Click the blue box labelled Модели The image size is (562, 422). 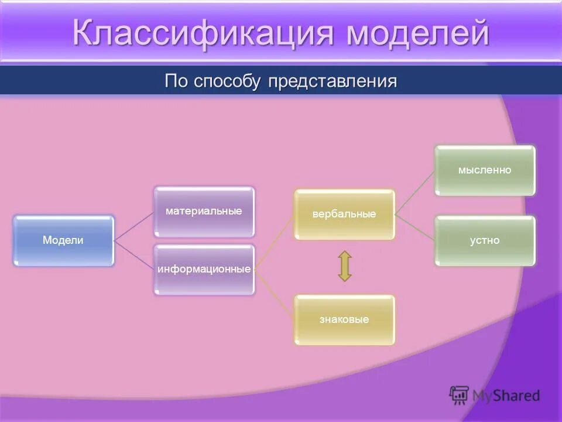pos(63,240)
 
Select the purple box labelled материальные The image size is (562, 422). pos(204,211)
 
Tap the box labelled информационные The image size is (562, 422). pos(204,270)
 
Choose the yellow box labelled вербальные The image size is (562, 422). pos(344,214)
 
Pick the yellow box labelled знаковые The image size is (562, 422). pos(344,319)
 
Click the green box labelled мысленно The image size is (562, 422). pos(485,170)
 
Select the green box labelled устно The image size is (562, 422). pos(485,240)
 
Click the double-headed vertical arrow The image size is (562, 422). pos(345,266)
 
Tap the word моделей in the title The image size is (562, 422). pos(417,33)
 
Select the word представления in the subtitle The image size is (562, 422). pos(333,80)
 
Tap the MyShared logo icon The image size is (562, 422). pos(459,395)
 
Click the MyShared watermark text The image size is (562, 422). pos(506,396)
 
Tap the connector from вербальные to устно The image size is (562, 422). pos(414,227)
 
